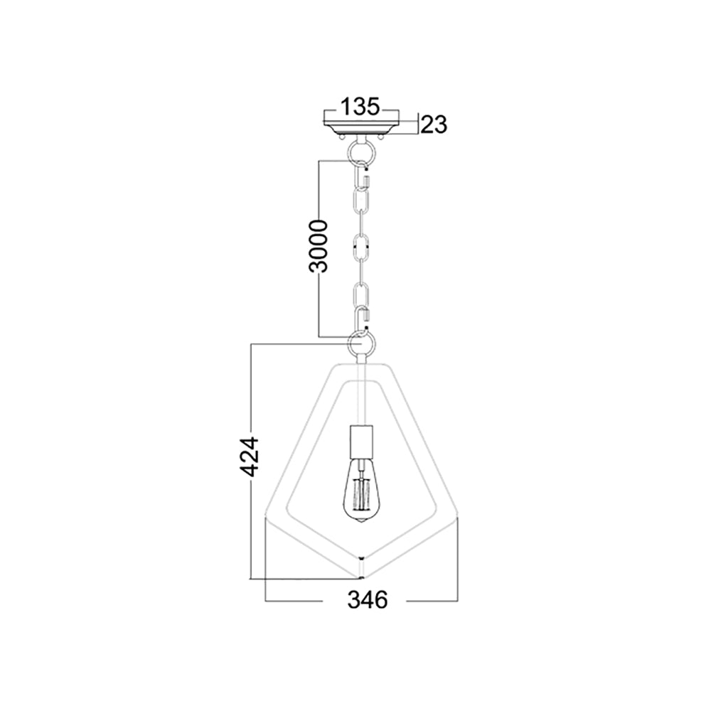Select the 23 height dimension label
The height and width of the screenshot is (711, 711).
pyautogui.click(x=432, y=124)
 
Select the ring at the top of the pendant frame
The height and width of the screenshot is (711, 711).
pyautogui.click(x=361, y=345)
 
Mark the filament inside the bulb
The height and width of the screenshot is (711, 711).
pyautogui.click(x=361, y=493)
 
